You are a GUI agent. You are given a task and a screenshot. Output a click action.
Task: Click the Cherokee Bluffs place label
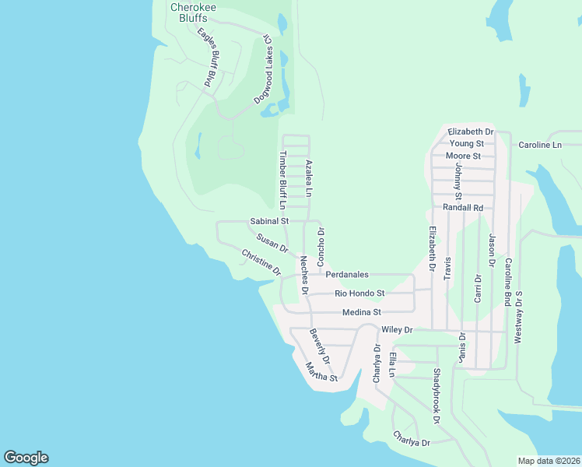point(194,12)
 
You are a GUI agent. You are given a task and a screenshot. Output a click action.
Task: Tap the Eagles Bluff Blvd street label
point(208,58)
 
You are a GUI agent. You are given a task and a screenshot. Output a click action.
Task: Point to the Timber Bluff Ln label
point(282,180)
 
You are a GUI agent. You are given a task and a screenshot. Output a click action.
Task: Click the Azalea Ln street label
point(309,178)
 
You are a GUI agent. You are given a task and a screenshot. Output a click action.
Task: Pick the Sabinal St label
point(269,222)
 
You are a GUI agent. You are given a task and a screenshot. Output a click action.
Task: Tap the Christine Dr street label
point(261,262)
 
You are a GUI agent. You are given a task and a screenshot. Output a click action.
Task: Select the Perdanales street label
point(347,275)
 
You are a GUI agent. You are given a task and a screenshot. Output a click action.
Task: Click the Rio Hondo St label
point(359,293)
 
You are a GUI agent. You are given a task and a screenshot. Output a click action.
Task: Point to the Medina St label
point(361,312)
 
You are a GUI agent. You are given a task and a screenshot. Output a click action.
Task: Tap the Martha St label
point(321,373)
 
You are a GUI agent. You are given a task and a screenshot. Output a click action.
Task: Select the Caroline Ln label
point(540,145)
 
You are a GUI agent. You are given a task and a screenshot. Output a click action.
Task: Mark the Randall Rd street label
point(463,208)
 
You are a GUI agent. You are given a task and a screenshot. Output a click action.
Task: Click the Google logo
point(26,458)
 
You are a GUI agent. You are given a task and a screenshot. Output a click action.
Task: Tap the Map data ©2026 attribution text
point(549,461)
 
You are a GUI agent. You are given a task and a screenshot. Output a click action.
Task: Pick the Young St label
point(467,144)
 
